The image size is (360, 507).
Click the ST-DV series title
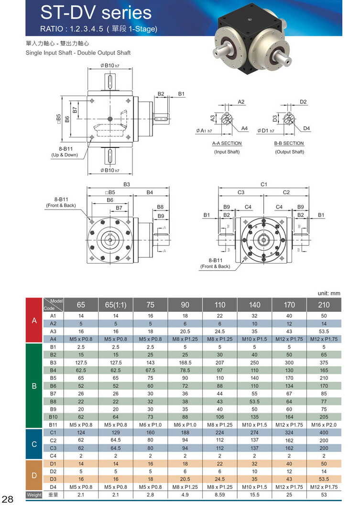click(96, 12)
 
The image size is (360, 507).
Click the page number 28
click(8, 498)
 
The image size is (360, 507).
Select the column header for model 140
click(254, 305)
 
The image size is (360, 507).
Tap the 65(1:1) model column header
click(115, 305)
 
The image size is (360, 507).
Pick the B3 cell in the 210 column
click(324, 363)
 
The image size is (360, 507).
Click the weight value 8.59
click(220, 495)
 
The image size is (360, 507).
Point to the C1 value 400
click(324, 432)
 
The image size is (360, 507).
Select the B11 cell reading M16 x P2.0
click(324, 425)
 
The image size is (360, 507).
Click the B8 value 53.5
click(254, 401)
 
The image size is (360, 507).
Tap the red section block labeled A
click(34, 320)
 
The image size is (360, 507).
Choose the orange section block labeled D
click(34, 475)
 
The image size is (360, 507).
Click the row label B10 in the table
click(53, 417)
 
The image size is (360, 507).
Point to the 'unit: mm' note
click(329, 293)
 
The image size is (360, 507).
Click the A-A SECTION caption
click(227, 143)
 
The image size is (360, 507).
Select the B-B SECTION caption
click(289, 143)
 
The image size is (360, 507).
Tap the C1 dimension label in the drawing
click(264, 184)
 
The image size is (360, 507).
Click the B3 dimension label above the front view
click(127, 184)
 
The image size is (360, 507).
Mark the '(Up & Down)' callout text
click(65, 155)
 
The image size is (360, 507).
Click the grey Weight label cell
click(34, 495)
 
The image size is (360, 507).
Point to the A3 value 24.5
click(220, 331)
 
